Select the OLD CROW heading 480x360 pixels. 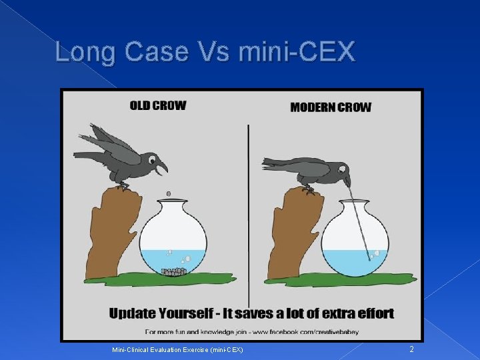tap(158, 105)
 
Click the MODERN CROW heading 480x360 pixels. tap(331, 107)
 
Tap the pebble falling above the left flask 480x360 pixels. tap(168, 193)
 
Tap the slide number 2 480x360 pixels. tap(411, 349)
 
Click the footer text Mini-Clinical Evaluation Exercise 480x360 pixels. tap(176, 349)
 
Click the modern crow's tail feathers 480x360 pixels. tap(277, 163)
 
